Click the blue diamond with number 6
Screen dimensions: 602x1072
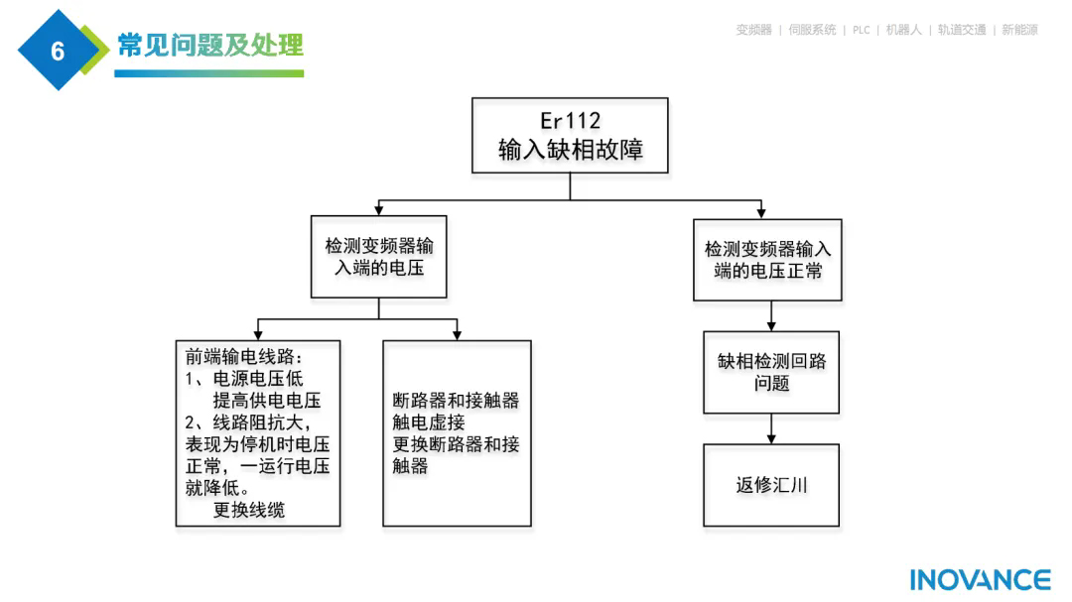pyautogui.click(x=57, y=51)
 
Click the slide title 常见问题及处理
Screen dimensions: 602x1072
pyautogui.click(x=209, y=46)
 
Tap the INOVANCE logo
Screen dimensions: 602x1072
pyautogui.click(x=980, y=580)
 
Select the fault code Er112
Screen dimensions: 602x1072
pyautogui.click(x=570, y=120)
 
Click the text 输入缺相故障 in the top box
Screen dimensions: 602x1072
pyautogui.click(x=570, y=151)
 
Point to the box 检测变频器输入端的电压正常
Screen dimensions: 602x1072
pyautogui.click(x=767, y=260)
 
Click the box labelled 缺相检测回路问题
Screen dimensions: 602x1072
pyautogui.click(x=771, y=372)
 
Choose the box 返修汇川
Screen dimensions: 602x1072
pyautogui.click(x=771, y=485)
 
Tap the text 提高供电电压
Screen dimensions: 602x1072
pyautogui.click(x=267, y=401)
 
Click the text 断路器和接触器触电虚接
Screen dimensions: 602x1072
pyautogui.click(x=456, y=412)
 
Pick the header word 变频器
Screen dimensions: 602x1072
pyautogui.click(x=753, y=30)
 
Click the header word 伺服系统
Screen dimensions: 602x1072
pyautogui.click(x=812, y=30)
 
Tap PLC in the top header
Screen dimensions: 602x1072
pyautogui.click(x=861, y=30)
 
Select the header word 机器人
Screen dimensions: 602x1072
pyautogui.click(x=903, y=30)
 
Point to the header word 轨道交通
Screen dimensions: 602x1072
pyautogui.click(x=962, y=30)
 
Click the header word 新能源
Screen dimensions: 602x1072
pyautogui.click(x=1019, y=30)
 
